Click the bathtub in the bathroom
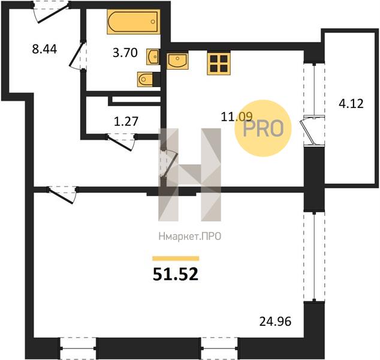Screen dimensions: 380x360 point(134,22)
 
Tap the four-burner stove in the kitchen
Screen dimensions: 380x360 point(219,63)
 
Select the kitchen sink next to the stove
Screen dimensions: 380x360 point(177,60)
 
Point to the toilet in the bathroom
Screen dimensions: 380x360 point(145,79)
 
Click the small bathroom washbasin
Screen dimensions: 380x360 point(153,56)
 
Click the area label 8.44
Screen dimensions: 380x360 point(44,49)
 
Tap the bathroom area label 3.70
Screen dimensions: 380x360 point(125,53)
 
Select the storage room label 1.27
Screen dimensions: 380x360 point(126,121)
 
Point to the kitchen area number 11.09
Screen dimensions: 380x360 point(237,116)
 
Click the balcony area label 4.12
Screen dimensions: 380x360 point(351,104)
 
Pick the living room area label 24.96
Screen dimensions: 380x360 point(275,322)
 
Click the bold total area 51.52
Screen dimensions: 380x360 point(176,275)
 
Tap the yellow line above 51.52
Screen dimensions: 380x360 point(176,259)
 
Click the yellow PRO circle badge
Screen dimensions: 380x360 point(263,128)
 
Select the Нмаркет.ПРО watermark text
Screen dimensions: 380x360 point(190,236)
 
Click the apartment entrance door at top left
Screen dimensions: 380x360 point(52,13)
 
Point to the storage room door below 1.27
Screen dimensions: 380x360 point(120,143)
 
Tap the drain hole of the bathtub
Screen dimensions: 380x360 point(153,22)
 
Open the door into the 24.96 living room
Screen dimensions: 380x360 point(62,195)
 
